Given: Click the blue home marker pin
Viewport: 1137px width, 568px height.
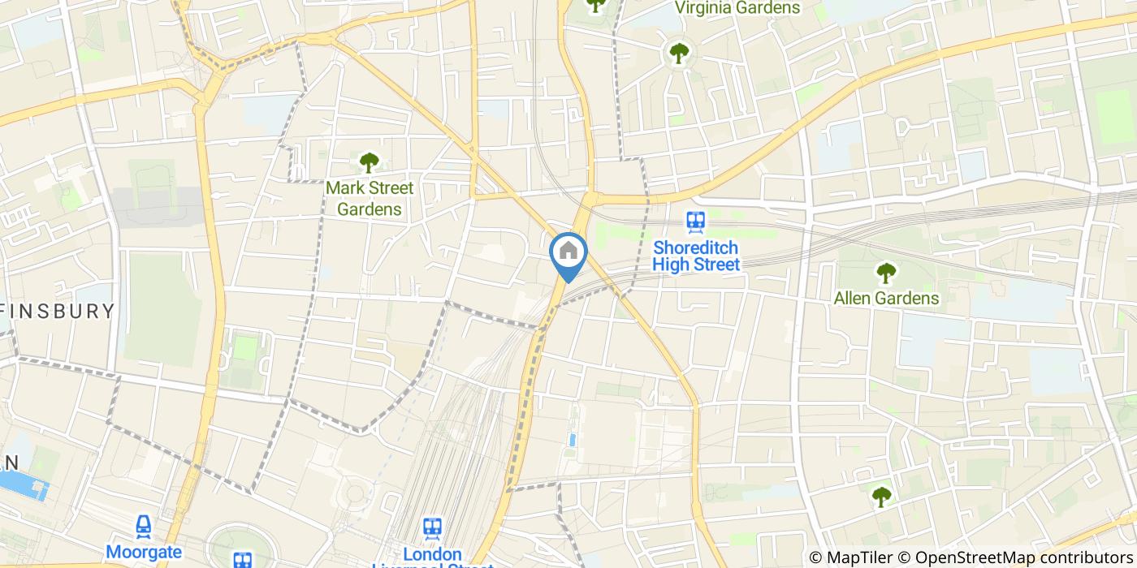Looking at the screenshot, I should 568,253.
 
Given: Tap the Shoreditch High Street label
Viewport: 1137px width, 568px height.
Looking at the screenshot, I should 697,256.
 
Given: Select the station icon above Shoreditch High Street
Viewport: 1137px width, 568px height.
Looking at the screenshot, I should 696,221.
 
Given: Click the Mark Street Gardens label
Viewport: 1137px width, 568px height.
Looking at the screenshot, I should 370,198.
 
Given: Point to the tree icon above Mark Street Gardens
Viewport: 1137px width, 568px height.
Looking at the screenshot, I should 370,162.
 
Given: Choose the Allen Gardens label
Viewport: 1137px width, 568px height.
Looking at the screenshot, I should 886,298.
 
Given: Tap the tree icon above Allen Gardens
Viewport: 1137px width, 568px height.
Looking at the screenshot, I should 885,273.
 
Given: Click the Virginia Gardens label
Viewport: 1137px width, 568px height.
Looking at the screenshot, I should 737,8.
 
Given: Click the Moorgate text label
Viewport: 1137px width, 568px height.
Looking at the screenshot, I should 144,553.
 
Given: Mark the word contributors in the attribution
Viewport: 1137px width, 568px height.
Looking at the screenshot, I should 1078,557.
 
